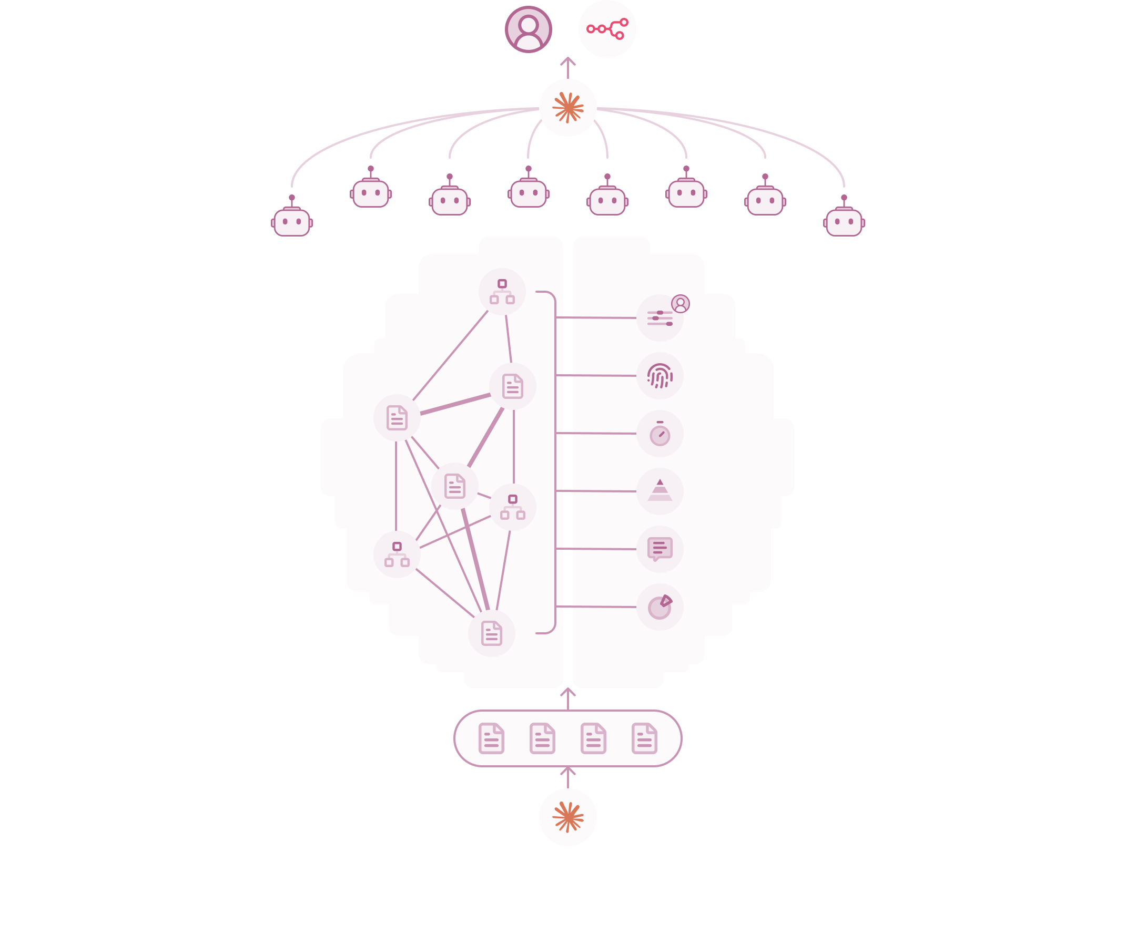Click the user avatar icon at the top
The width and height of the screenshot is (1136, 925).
point(528,29)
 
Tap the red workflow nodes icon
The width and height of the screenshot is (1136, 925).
point(607,29)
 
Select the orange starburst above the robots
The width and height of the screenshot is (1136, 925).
point(567,108)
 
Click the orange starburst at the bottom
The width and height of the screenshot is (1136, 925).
point(567,817)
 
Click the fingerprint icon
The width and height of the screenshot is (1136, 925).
point(660,376)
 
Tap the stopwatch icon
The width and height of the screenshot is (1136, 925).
point(660,434)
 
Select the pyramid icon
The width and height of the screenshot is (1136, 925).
point(660,491)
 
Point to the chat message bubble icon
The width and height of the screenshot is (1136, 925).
point(660,549)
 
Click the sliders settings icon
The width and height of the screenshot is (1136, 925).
point(660,318)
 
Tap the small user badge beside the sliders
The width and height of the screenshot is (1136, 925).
point(680,304)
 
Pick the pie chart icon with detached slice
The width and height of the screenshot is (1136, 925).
point(660,607)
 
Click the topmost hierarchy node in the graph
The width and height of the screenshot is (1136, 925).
point(502,292)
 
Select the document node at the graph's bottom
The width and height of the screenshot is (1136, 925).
point(492,633)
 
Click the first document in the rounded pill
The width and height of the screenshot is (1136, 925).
point(492,738)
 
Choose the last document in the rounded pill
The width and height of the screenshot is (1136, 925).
point(644,738)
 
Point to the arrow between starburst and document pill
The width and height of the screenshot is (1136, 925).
point(567,777)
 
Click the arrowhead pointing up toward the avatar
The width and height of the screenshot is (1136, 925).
point(567,61)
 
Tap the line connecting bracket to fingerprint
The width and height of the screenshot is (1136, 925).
point(596,376)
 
